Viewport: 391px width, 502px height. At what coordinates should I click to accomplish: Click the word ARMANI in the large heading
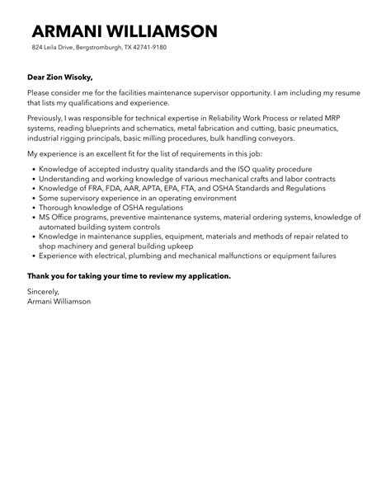click(x=68, y=32)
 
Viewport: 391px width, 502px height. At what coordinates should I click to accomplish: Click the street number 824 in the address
click(x=37, y=48)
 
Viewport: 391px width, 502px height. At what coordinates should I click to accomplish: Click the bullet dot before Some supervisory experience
click(x=31, y=198)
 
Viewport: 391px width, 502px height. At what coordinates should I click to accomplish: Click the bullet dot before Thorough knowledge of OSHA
click(x=31, y=207)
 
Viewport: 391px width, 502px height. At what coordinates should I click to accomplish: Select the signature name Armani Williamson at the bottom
click(x=59, y=301)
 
